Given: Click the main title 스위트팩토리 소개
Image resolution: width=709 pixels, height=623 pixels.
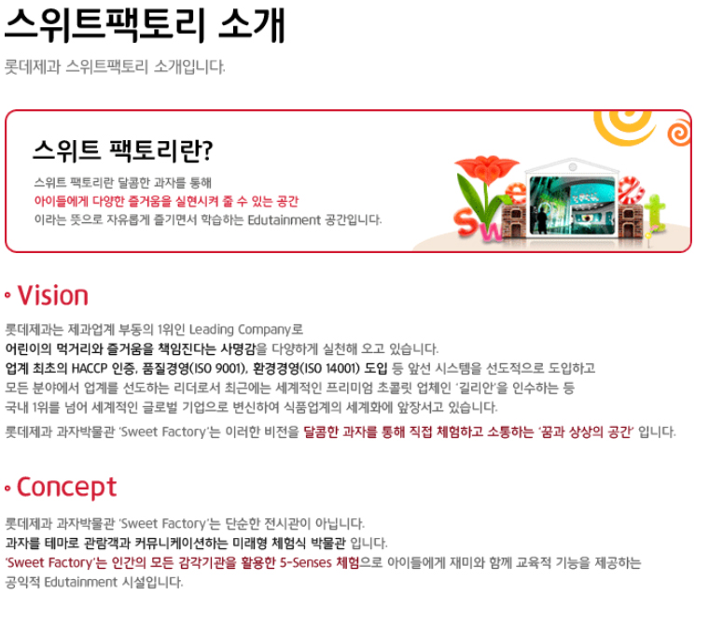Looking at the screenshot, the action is click(145, 25).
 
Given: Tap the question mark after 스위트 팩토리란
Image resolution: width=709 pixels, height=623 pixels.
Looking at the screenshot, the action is click(208, 151).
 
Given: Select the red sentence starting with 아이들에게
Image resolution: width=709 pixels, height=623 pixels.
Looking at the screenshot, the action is click(166, 201).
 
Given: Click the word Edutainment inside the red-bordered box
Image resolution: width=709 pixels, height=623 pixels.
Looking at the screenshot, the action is click(284, 220).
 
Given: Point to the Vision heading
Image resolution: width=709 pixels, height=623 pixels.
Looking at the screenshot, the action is click(52, 296).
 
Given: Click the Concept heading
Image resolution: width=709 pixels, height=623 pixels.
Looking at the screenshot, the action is click(66, 488).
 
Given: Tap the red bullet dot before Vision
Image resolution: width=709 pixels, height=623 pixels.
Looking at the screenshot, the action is click(7, 296).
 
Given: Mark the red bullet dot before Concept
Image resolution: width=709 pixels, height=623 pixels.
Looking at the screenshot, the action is click(7, 488).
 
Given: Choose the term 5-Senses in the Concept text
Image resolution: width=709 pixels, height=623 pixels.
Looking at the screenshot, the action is click(306, 563).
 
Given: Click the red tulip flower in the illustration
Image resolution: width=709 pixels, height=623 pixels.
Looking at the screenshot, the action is click(486, 168).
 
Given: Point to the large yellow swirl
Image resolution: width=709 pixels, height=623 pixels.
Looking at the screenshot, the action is click(624, 128).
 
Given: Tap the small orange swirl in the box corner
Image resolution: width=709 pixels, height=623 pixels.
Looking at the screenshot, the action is click(679, 133).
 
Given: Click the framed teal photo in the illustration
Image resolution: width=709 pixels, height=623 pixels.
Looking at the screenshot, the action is click(573, 205).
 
